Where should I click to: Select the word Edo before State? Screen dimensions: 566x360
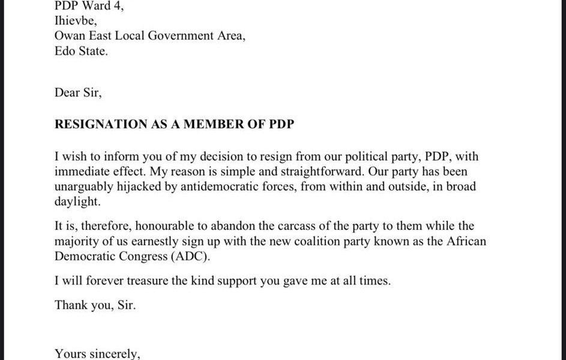[65, 52]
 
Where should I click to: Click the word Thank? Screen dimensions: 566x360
[70, 305]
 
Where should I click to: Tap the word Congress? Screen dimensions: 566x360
[139, 257]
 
